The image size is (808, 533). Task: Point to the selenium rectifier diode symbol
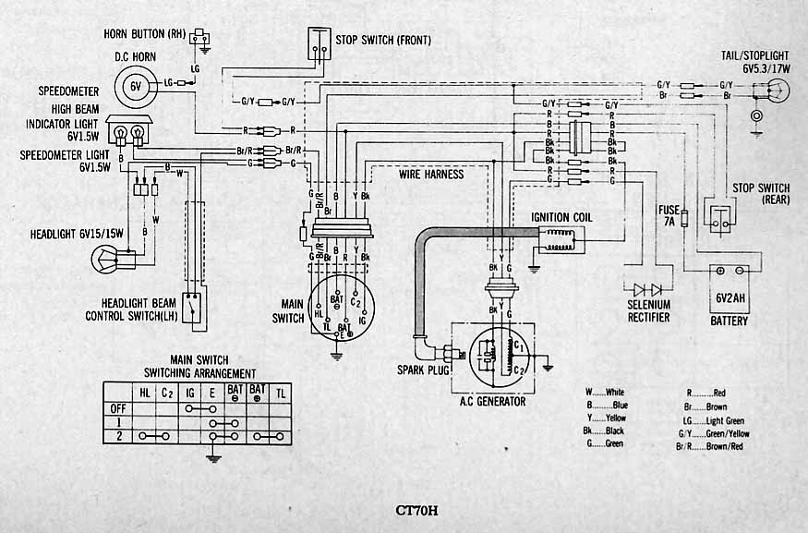pos(647,288)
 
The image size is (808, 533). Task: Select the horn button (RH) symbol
pos(199,38)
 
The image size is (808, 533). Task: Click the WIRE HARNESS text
pos(431,174)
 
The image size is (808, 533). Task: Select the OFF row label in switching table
pos(117,406)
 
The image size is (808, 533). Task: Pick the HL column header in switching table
pos(145,392)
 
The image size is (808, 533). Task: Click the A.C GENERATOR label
pos(493,401)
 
